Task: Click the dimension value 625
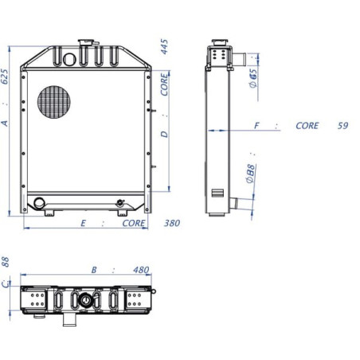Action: (x=5, y=77)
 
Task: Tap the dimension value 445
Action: (x=164, y=47)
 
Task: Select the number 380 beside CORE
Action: (x=172, y=223)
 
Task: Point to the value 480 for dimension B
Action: (x=141, y=270)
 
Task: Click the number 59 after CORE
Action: (x=343, y=126)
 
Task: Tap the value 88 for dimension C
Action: (x=5, y=262)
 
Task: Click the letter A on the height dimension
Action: (x=5, y=123)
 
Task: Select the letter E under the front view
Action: (x=83, y=223)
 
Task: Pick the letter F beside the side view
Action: (x=256, y=126)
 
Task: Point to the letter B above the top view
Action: (x=94, y=270)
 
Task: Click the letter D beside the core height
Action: (x=165, y=135)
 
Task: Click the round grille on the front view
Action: (x=54, y=102)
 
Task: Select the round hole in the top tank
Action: (x=69, y=60)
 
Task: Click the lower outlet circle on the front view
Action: (x=39, y=203)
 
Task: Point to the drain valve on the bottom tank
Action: (x=120, y=203)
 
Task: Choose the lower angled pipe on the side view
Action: (x=234, y=203)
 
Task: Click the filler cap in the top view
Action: (x=85, y=300)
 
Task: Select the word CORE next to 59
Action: (x=307, y=126)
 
